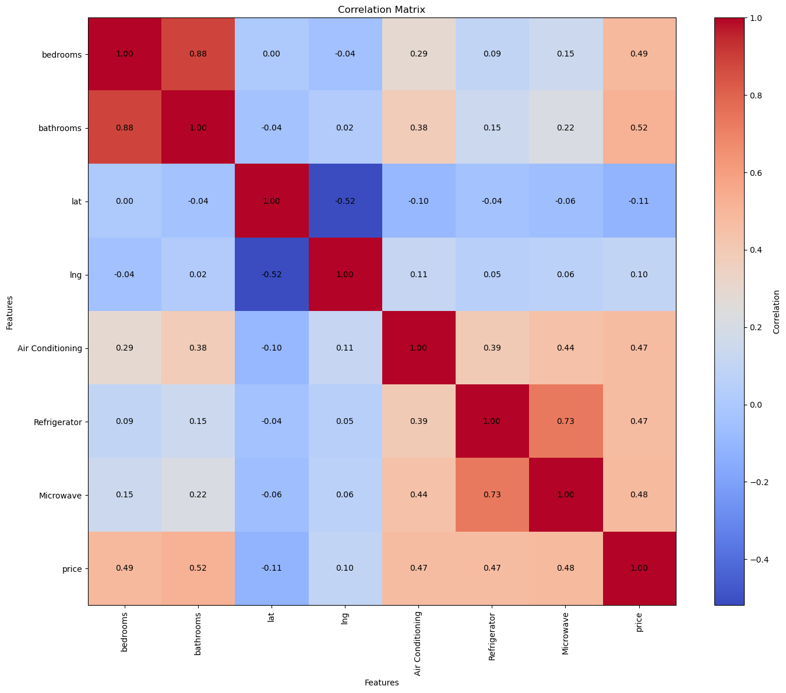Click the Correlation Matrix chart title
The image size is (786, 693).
pyautogui.click(x=382, y=9)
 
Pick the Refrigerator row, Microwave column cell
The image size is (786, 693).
pyautogui.click(x=566, y=421)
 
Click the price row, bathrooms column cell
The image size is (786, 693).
pyautogui.click(x=198, y=568)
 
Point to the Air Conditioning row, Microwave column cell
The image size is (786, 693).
pyautogui.click(x=566, y=348)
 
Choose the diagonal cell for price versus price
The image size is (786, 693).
pyautogui.click(x=639, y=568)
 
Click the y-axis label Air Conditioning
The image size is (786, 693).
pyautogui.click(x=50, y=348)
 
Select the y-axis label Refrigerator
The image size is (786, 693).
pyautogui.click(x=57, y=422)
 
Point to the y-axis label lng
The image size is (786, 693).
pyautogui.click(x=75, y=275)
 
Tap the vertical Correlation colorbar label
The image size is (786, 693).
pyautogui.click(x=777, y=312)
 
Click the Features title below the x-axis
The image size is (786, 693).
pyautogui.click(x=382, y=683)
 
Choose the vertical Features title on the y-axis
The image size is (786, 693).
pyautogui.click(x=10, y=312)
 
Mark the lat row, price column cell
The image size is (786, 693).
pyautogui.click(x=639, y=201)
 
